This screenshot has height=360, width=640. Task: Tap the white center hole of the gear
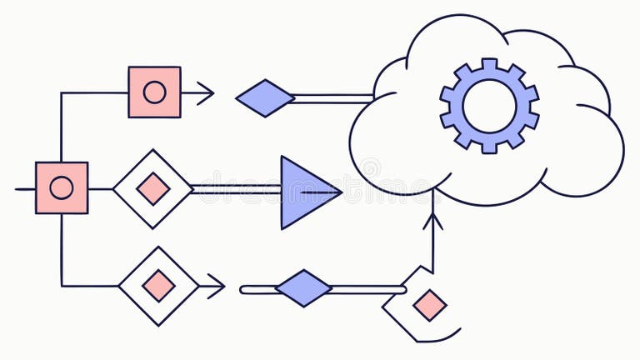(489, 106)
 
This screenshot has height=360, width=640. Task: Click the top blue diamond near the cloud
(265, 98)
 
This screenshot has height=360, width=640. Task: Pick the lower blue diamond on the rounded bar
(303, 288)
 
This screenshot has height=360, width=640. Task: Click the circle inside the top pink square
(154, 92)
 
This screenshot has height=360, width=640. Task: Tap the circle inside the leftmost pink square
(61, 187)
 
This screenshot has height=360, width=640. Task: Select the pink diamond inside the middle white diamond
(153, 188)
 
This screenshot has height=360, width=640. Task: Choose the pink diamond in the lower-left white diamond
(158, 286)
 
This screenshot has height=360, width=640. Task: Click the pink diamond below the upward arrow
(429, 304)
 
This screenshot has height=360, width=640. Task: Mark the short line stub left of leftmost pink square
(25, 188)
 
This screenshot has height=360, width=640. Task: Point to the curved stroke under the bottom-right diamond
(439, 337)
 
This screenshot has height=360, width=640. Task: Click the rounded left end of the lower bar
(244, 290)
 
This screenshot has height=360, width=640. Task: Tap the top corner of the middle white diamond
(153, 151)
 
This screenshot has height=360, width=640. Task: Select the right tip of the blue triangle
(340, 192)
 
